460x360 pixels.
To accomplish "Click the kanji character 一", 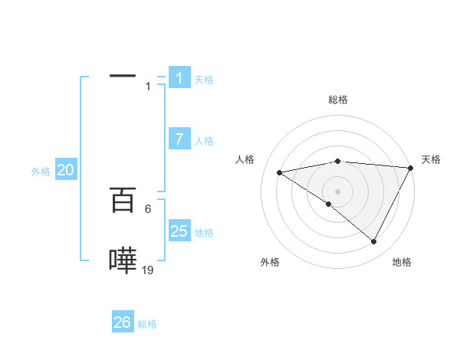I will click(x=122, y=77).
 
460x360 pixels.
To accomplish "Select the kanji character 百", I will click(x=123, y=201).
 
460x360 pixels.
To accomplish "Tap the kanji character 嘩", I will click(x=123, y=260).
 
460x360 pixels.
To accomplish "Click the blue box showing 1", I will click(x=179, y=78).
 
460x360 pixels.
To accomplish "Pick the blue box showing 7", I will click(x=179, y=139).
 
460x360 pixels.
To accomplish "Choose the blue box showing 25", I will click(x=179, y=231).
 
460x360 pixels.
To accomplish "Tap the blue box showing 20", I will click(x=66, y=171).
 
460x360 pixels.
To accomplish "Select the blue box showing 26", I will click(x=123, y=322).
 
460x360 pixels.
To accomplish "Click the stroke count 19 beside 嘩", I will click(x=148, y=270).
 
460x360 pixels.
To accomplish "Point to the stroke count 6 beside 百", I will click(x=148, y=208).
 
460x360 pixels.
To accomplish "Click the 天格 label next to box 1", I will click(x=204, y=80).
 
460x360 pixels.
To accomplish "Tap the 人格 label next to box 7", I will click(x=204, y=141).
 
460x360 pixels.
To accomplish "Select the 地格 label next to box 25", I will click(x=204, y=233).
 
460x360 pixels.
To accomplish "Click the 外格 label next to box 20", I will click(x=41, y=172).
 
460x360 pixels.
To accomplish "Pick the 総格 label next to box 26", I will click(x=147, y=324).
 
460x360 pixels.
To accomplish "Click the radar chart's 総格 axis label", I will click(x=337, y=100).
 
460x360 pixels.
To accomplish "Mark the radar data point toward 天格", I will click(x=411, y=168).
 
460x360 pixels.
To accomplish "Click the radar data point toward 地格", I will click(x=374, y=242).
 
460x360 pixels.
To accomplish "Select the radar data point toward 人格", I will click(x=280, y=172).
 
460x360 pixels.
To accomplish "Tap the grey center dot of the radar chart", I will click(x=337, y=191).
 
